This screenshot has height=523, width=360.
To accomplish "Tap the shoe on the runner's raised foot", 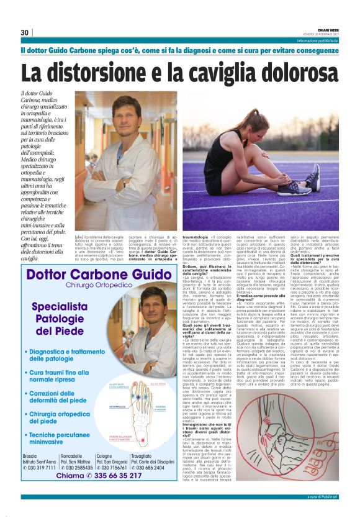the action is tap(310, 178).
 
